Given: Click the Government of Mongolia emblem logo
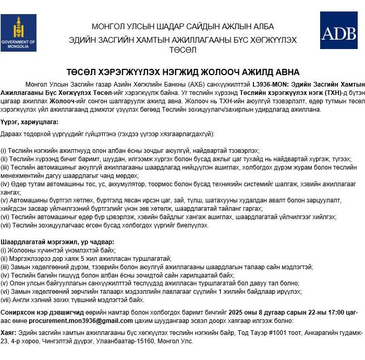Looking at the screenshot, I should coord(18,32).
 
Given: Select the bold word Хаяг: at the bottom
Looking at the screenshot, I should coord(9,332).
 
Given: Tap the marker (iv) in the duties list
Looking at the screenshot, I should coord(5,183).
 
